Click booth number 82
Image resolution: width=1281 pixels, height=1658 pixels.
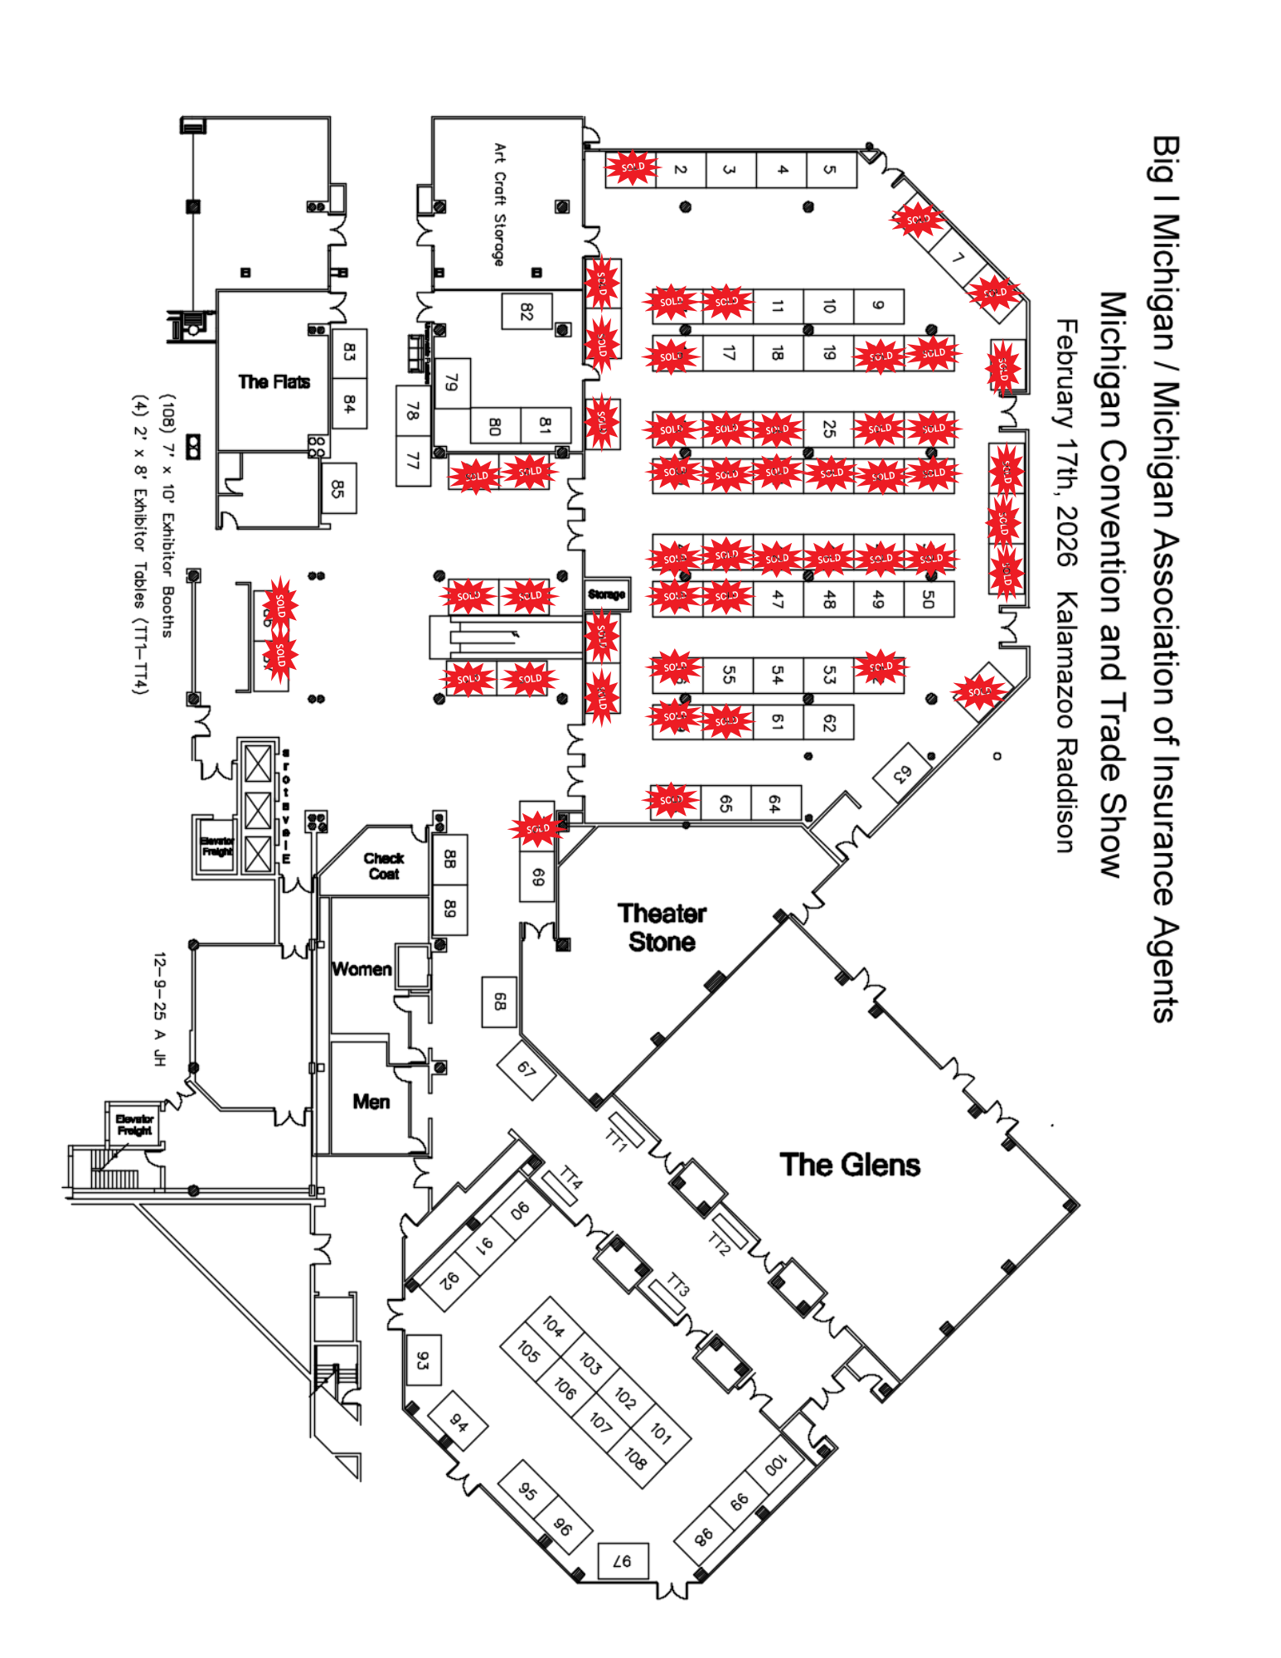(x=526, y=312)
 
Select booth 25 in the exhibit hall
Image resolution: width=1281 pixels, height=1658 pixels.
(x=828, y=429)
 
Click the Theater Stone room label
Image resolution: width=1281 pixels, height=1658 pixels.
(x=662, y=928)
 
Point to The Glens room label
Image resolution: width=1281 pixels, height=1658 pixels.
(x=850, y=1165)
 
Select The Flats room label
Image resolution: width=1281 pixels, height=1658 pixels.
(x=274, y=381)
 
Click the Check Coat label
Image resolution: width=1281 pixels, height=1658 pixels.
(x=384, y=865)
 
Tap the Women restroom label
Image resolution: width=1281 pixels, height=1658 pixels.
(x=361, y=968)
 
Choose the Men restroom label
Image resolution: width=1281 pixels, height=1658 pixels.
(x=371, y=1101)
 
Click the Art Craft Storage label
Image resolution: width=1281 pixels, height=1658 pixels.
(x=499, y=204)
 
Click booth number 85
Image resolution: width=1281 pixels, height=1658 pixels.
(x=337, y=488)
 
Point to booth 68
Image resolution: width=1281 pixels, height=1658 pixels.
(x=499, y=1002)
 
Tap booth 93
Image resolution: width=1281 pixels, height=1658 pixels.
(x=423, y=1360)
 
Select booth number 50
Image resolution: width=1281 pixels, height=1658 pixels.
(x=929, y=599)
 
